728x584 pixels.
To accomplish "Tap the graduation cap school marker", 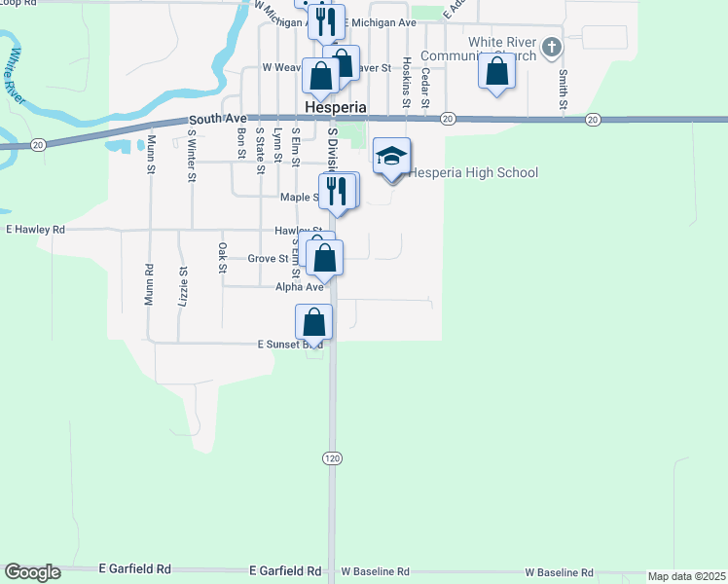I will pos(392,158).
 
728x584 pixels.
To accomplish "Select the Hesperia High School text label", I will pos(472,173).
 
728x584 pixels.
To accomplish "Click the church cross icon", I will pos(552,47).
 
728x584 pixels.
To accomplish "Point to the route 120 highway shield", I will pos(331,456).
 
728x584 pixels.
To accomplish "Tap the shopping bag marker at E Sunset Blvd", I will pos(314,322).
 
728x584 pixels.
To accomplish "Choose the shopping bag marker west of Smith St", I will pos(497,72).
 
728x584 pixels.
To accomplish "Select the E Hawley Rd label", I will pos(35,230).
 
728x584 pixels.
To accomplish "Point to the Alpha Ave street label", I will pos(299,287).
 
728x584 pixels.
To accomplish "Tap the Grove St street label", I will pos(268,259).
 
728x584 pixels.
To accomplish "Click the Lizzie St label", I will pos(182,287).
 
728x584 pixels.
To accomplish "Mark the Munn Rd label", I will pos(150,285).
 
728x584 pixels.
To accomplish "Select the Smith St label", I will pos(563,89).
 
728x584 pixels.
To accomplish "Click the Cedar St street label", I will pos(425,86).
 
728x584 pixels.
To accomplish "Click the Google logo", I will pos(32,572).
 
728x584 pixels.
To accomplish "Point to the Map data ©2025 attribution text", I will pos(686,576).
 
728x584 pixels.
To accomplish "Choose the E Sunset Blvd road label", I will pos(289,345).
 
